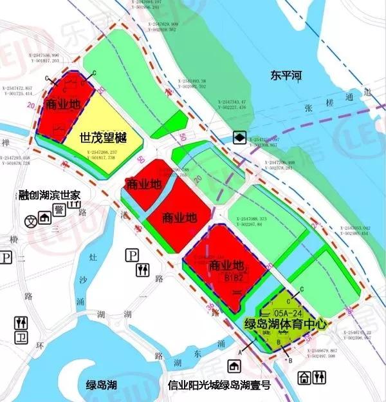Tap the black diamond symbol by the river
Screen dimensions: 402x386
point(238,137)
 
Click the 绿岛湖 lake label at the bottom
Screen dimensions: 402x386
point(102,385)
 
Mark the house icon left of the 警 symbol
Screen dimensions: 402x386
point(44,218)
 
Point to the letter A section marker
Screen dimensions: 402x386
point(239,350)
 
